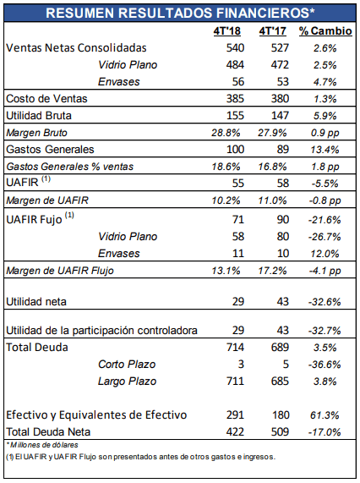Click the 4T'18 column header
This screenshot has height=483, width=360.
(227, 30)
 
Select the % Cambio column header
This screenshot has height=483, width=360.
(325, 30)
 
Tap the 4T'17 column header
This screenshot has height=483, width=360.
(273, 30)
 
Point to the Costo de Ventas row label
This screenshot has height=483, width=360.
(46, 99)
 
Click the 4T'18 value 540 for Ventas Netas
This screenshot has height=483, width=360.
(236, 47)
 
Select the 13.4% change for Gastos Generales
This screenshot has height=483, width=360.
(325, 150)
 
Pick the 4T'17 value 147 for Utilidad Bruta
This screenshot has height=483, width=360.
(280, 116)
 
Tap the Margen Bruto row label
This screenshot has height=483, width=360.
(36, 133)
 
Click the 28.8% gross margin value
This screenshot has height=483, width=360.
(226, 133)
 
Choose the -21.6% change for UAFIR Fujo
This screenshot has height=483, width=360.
(325, 220)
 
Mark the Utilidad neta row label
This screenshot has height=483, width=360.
(36, 302)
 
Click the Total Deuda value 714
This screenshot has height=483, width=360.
(236, 347)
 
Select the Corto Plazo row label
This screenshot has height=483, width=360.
(127, 364)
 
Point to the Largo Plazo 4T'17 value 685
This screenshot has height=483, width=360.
(280, 381)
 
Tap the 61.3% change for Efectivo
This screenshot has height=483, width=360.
(325, 415)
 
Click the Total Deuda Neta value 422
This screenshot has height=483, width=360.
(236, 432)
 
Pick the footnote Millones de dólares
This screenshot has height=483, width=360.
(42, 445)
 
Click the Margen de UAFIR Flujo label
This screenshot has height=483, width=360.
(60, 271)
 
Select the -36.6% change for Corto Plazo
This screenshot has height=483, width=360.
(325, 365)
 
